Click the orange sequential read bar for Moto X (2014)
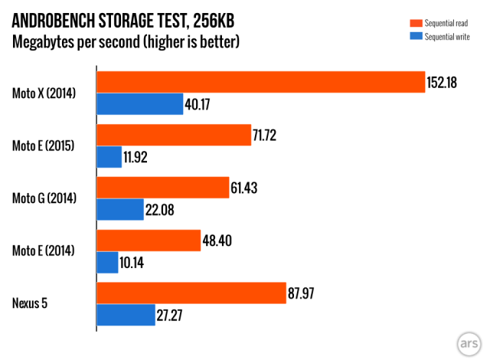[x=260, y=82]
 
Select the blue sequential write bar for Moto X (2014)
[x=139, y=104]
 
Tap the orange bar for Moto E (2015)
[x=174, y=135]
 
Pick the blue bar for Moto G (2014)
[x=120, y=209]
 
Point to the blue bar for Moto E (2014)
[x=107, y=262]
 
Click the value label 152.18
[x=443, y=82]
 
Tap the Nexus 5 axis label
[x=30, y=304]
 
